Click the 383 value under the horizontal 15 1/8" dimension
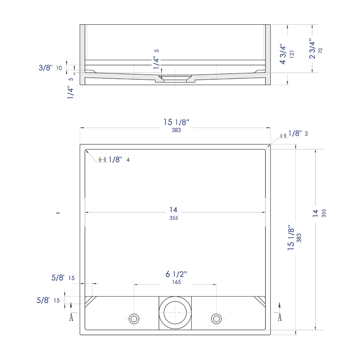click(176, 130)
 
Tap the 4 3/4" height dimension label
click(283, 54)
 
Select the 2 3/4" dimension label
click(312, 49)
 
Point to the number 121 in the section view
click(292, 54)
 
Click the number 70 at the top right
click(320, 51)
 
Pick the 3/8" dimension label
click(45, 68)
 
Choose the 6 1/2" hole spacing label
click(176, 274)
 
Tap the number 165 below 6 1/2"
click(176, 282)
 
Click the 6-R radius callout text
click(103, 160)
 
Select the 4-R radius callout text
click(283, 136)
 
